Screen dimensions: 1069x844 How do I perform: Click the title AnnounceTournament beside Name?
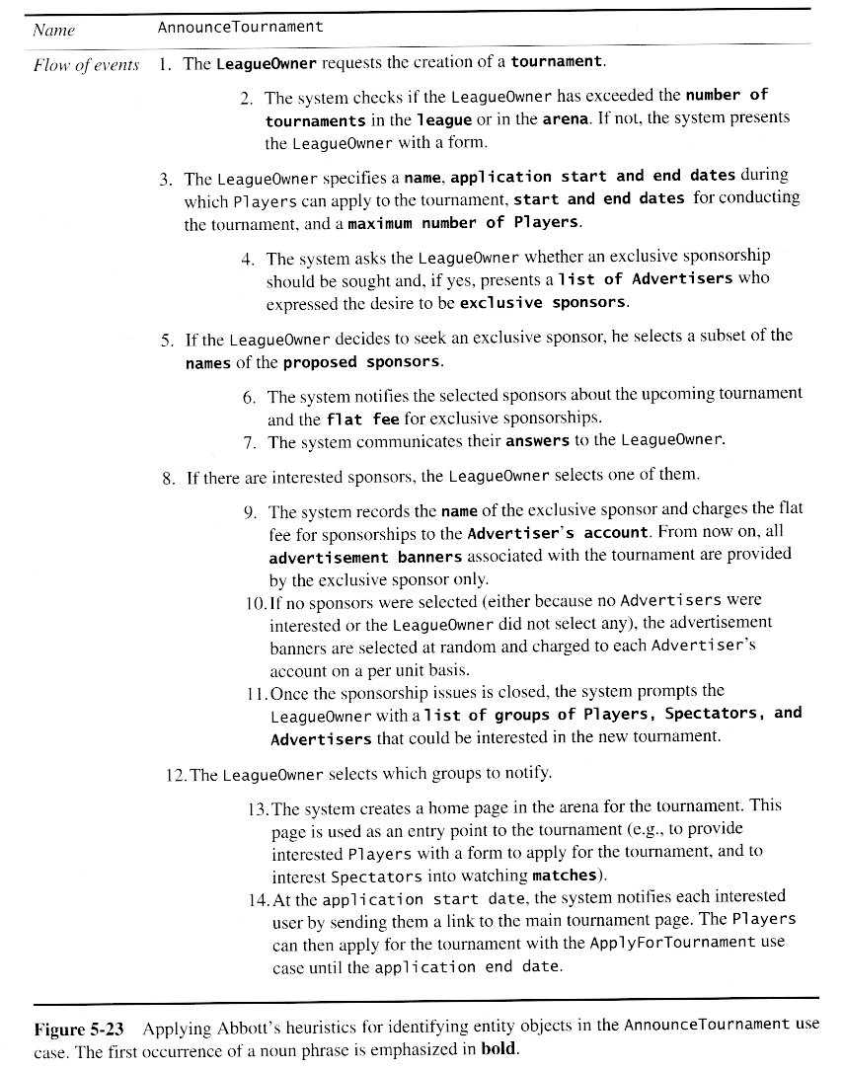240,27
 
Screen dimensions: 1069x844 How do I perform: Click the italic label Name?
53,30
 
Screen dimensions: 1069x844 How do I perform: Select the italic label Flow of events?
85,65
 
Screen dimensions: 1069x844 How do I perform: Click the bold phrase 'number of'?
727,96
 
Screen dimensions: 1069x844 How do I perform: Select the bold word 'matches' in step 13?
564,875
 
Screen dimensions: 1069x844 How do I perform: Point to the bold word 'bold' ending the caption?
498,1049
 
